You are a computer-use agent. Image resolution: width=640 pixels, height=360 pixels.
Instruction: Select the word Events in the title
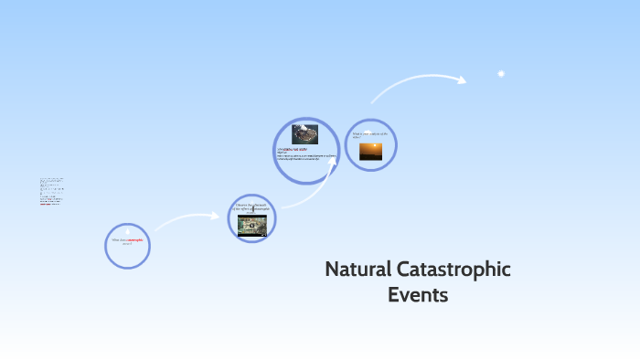click(418, 295)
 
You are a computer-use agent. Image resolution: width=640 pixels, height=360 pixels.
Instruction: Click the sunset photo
click(371, 151)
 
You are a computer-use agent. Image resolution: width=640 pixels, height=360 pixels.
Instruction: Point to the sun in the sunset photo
click(371, 146)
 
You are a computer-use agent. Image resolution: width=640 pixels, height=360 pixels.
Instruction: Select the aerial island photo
click(304, 134)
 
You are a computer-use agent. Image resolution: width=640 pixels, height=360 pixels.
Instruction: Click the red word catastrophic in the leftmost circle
click(135, 240)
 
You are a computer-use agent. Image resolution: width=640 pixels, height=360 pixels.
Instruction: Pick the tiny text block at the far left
click(51, 191)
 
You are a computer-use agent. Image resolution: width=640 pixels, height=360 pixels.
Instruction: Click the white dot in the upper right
click(501, 74)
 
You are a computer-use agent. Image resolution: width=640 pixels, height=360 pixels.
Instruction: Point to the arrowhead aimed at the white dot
click(461, 80)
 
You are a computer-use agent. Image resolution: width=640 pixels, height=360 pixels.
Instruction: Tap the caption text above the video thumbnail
click(251, 207)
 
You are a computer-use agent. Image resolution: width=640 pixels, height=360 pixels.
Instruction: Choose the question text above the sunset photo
click(370, 134)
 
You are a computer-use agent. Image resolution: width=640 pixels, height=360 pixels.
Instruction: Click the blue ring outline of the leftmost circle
click(105, 246)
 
